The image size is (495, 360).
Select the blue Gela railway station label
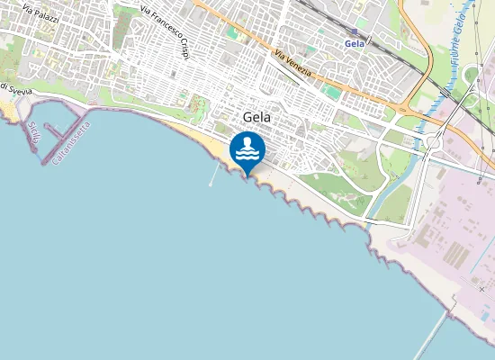pos(355,43)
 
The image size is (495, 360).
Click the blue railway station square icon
pos(355,31)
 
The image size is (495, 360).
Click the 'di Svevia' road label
pos(16,89)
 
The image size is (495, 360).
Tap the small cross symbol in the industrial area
pos(481,290)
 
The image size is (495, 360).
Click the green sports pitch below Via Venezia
pos(332,92)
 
